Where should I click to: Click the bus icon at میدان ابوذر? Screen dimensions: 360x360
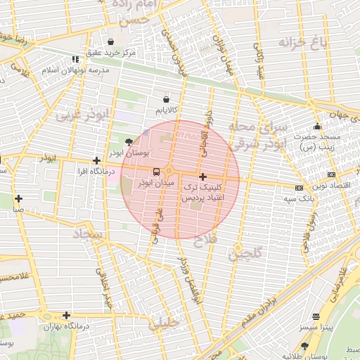(x=156, y=171)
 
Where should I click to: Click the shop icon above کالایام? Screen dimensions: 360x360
(x=166, y=100)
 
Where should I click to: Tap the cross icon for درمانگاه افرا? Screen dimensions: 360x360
(x=96, y=161)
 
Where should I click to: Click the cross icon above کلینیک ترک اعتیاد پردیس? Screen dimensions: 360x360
(x=202, y=176)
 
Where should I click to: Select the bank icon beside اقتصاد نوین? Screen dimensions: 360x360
(x=332, y=174)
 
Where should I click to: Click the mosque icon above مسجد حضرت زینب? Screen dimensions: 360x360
(x=316, y=126)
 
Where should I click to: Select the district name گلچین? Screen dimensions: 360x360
(x=245, y=254)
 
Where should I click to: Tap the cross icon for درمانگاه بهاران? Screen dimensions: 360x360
(x=66, y=316)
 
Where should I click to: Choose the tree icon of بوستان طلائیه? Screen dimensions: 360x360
(x=304, y=345)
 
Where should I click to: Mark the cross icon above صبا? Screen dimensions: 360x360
(x=18, y=198)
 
